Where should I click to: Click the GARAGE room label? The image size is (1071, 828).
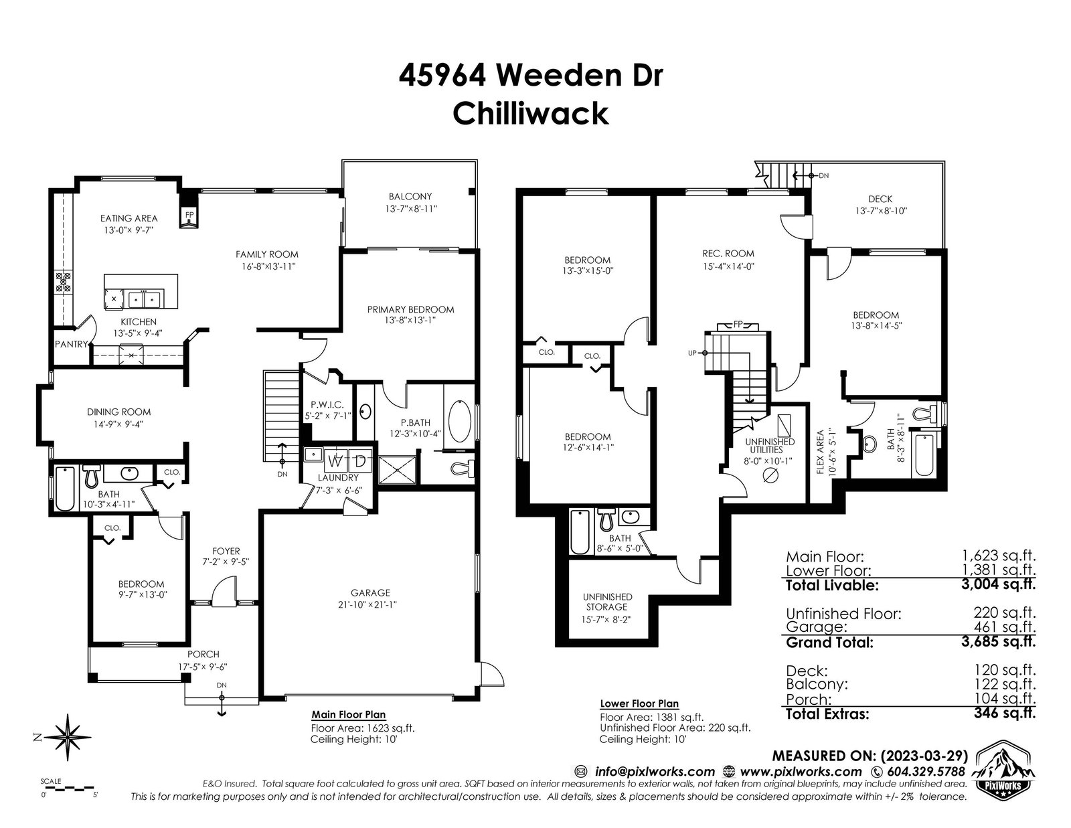coord(370,592)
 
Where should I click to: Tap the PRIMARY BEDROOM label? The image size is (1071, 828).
coord(410,309)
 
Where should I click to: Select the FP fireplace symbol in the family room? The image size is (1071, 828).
coord(189,216)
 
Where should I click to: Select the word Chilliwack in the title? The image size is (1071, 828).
coord(531,114)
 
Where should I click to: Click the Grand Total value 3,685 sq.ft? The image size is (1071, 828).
coord(999,641)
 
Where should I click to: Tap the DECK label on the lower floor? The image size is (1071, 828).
coord(880,199)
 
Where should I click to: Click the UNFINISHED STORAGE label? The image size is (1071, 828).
coord(607,602)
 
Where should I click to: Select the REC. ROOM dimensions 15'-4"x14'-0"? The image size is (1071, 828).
coord(728,266)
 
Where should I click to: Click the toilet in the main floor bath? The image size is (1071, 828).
coord(91,476)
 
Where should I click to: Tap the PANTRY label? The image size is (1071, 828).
coord(71,344)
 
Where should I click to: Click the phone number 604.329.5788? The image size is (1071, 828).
coord(925,771)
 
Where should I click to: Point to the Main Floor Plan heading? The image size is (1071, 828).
coord(349,715)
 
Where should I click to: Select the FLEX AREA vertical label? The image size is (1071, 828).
coord(821,452)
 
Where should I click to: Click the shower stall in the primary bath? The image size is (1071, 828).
coord(397,470)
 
